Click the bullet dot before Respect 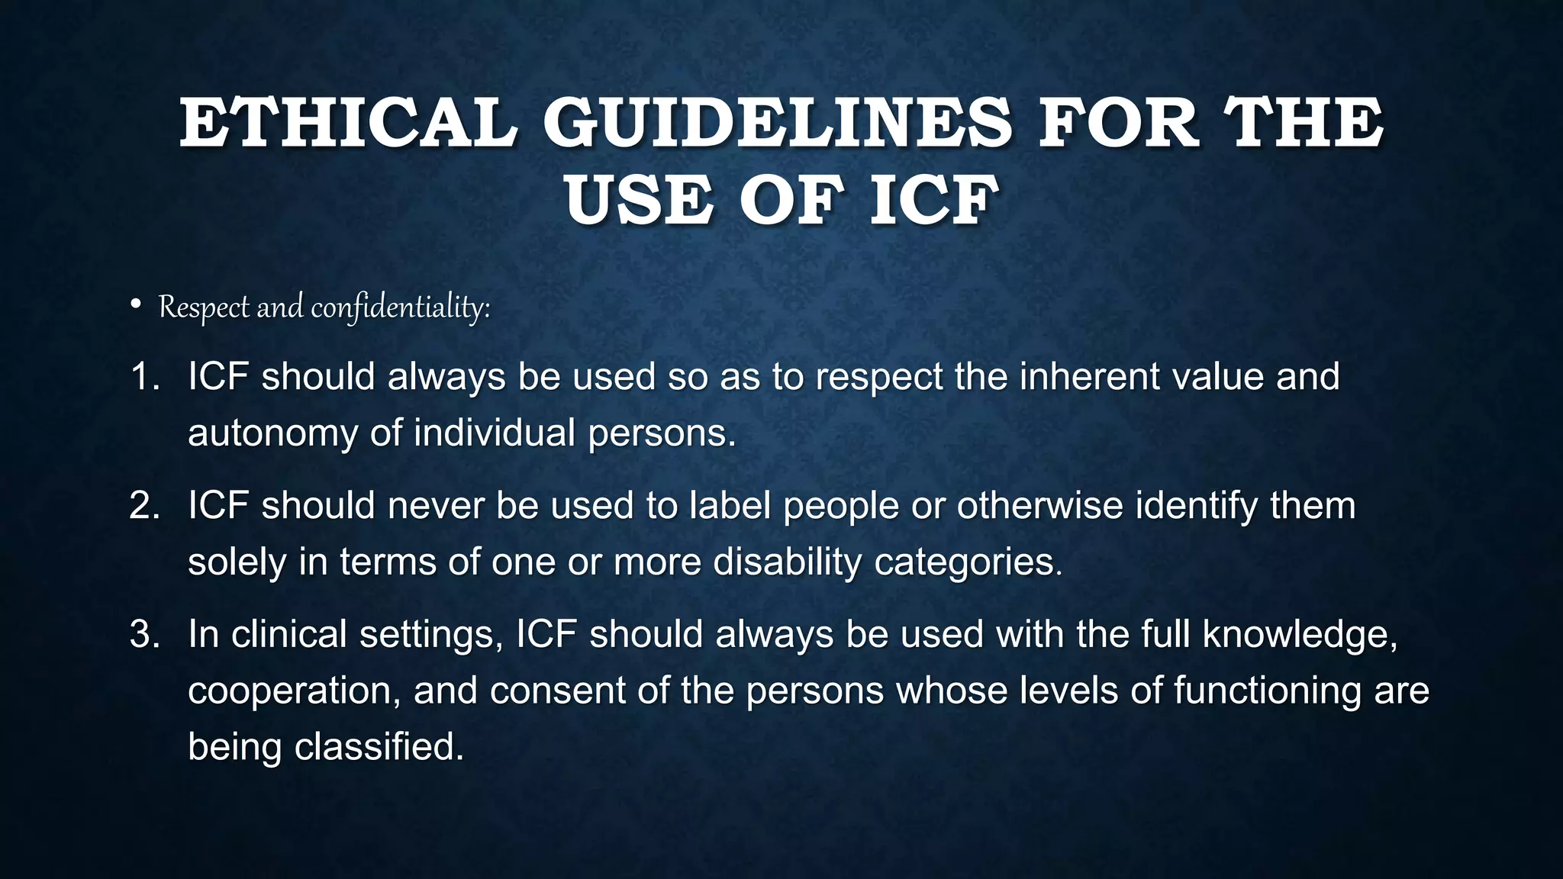point(136,305)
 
